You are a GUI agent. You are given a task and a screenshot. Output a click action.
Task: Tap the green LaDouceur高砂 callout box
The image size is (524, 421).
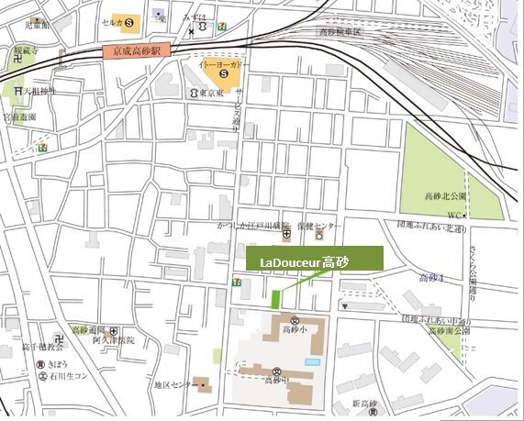coord(312,260)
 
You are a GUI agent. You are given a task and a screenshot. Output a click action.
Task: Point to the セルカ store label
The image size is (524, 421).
coord(114,21)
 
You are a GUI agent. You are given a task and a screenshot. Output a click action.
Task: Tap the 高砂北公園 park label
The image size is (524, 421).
coord(446,196)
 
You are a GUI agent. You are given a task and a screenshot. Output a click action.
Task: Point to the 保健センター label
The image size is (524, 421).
coord(323,226)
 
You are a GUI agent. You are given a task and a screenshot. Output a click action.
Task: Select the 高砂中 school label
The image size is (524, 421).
coord(275,379)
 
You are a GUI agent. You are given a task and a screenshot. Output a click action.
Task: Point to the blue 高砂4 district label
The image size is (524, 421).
coord(430,278)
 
